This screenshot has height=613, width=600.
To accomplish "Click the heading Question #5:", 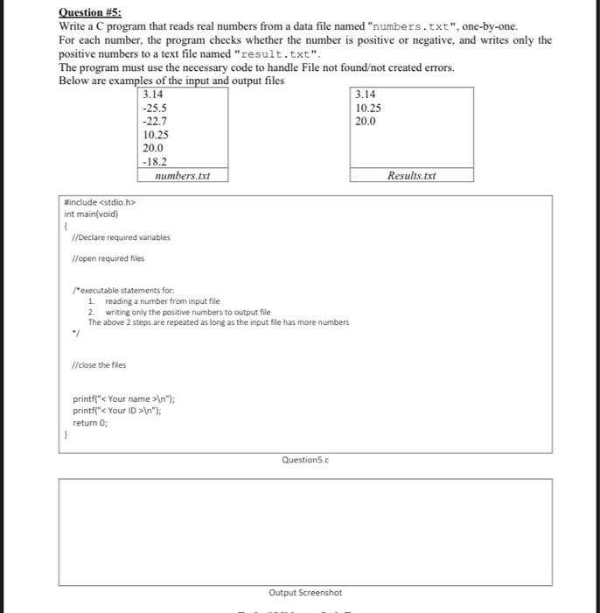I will (90, 12).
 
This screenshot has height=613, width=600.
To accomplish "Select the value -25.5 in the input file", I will (156, 108).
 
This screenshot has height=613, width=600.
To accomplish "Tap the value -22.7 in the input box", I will (156, 122).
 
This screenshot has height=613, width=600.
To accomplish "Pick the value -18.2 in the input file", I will (155, 162).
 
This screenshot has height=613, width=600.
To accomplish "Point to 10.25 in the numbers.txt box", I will (156, 135).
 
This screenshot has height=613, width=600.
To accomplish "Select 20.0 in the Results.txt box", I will (366, 122).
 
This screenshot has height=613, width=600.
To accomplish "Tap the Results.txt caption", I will (410, 176).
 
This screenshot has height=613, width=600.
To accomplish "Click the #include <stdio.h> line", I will (99, 203).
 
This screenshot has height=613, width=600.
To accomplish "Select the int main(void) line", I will (91, 214).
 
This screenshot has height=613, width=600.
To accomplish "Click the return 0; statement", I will (90, 420).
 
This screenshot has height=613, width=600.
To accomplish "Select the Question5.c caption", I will (305, 459).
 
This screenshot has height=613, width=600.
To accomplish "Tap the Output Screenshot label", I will (305, 593).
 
